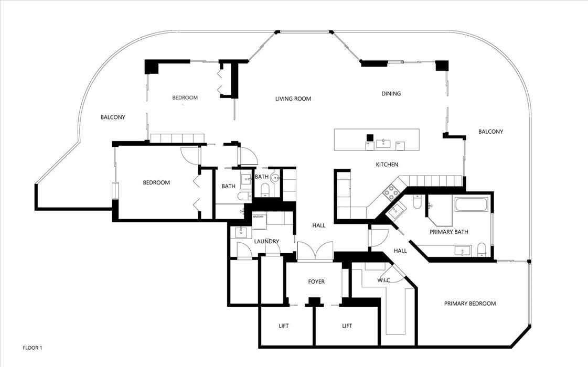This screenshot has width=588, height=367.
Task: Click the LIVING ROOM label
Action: pos(293,99)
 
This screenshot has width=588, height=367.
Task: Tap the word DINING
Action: pos(391,94)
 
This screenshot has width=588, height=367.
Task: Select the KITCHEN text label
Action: pos(387,165)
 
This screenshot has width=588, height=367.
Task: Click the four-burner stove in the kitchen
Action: pos(391,192)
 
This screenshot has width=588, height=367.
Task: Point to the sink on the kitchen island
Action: pos(385,142)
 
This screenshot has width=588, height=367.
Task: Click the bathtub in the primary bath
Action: pos(472,205)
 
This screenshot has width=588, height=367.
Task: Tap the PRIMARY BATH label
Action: pos(448,232)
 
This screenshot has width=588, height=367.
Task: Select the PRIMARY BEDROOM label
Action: pos(469,304)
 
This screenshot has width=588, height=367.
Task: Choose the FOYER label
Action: pos(316,282)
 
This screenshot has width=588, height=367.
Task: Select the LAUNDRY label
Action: pos(266,242)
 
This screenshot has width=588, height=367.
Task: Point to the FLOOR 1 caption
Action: pos(32,348)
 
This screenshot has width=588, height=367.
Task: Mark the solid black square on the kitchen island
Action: pos(369,137)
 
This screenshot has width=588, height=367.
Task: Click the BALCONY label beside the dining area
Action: pos(490,132)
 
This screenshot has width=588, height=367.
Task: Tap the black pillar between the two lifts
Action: pos(314,301)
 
